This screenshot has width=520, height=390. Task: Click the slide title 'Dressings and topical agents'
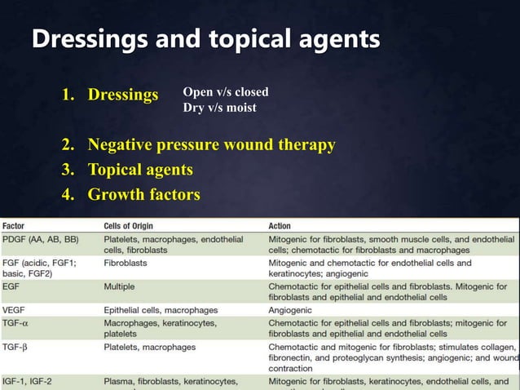tap(205, 39)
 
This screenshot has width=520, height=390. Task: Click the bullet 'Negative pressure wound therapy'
tap(211, 145)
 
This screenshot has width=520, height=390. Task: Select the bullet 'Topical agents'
tap(139, 170)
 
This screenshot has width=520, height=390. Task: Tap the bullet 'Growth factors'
tap(143, 194)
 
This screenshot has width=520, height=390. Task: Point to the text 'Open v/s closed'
tap(225, 91)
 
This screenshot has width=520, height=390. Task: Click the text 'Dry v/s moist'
tap(219, 107)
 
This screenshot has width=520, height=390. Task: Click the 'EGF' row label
tap(12, 287)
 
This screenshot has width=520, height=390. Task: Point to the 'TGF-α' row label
tap(16, 323)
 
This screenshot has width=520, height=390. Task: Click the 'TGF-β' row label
tap(16, 347)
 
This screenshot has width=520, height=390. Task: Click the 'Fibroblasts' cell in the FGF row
tap(126, 264)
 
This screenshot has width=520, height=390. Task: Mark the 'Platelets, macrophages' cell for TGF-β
tap(149, 347)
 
